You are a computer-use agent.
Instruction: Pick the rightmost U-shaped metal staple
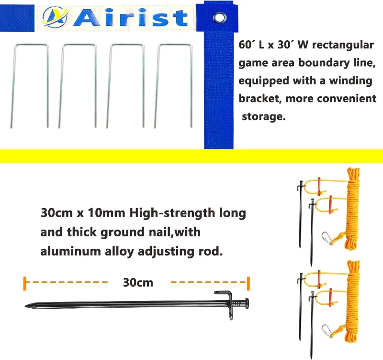pos(173,86)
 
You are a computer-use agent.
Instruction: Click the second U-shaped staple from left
pos(78,86)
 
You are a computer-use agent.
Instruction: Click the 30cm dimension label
pos(138,282)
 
